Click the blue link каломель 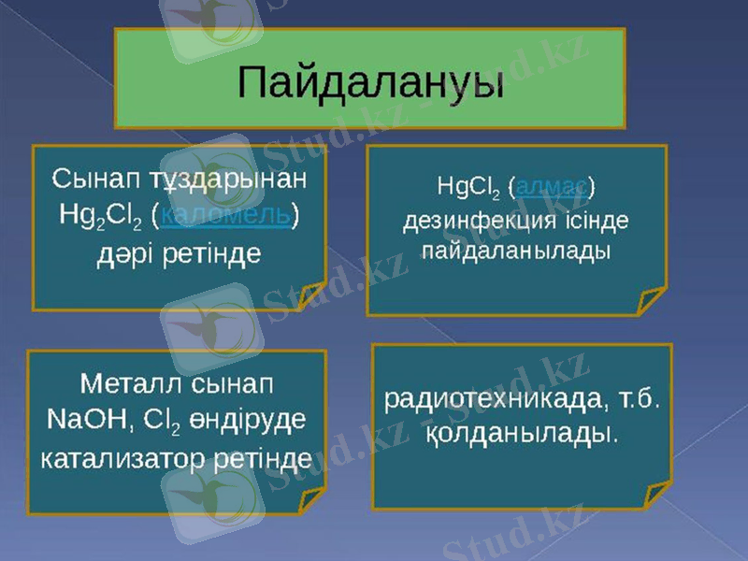pos(224,216)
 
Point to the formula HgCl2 pos(468,187)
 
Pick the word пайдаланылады pos(516,252)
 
